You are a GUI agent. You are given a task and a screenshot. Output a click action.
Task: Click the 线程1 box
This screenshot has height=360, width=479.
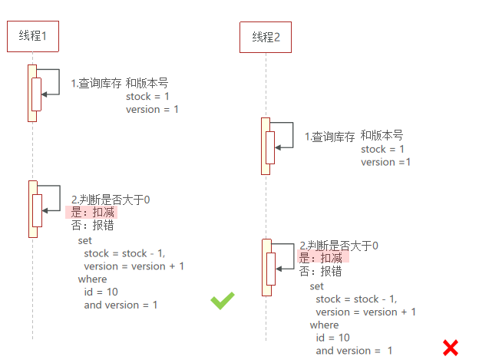tap(32, 36)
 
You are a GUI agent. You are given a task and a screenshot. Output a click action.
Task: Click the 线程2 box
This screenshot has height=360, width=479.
tap(266, 37)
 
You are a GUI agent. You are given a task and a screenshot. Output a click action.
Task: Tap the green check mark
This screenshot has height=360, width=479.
tap(223, 300)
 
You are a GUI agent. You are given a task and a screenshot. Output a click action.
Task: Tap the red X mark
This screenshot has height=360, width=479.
tap(451, 348)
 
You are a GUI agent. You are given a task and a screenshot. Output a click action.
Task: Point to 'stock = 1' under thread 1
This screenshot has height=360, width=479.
tap(147, 97)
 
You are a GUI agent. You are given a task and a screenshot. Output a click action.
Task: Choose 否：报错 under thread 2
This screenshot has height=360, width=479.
tap(321, 271)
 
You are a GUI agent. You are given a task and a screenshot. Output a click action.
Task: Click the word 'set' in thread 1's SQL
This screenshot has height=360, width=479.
tap(85, 240)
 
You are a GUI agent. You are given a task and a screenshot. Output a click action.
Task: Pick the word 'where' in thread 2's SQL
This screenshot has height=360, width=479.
tap(324, 325)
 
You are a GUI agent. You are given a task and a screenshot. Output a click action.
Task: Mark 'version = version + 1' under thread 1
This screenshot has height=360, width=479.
tap(134, 266)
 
